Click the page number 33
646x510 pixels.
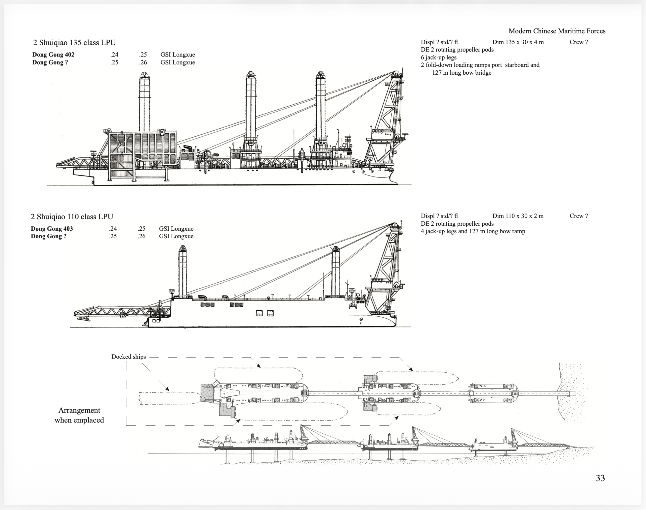point(600,478)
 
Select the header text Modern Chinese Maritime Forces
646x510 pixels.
point(557,31)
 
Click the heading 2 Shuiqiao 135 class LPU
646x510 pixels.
point(74,43)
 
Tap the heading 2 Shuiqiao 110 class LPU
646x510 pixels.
point(72,217)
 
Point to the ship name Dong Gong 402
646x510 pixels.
point(53,55)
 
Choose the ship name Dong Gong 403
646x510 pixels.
point(52,229)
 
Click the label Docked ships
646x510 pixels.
point(128,357)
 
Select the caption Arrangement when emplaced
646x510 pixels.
point(79,415)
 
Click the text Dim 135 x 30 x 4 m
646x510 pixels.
point(518,42)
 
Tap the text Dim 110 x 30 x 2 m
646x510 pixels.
point(518,216)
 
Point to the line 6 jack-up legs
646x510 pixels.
point(439,57)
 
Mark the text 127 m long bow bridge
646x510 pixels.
point(462,73)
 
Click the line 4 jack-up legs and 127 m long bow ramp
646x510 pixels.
point(473,231)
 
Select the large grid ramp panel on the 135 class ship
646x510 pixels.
point(143,149)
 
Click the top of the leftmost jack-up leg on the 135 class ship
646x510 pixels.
point(144,74)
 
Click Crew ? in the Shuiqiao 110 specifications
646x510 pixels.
point(579,216)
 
